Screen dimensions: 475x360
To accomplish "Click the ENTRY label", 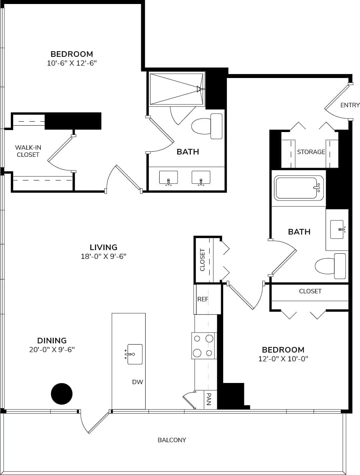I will click(350, 105).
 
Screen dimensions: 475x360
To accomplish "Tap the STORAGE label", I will click(311, 152).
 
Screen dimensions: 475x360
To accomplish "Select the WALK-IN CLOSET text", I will click(28, 151).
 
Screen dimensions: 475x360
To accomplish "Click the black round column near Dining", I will click(62, 394).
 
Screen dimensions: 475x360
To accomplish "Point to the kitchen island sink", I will click(134, 354).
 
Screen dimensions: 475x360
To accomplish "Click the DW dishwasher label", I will click(137, 382).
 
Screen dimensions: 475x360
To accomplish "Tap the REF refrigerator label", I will click(203, 299).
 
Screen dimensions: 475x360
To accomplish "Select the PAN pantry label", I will click(209, 399).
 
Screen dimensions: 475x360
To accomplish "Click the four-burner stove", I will click(203, 346).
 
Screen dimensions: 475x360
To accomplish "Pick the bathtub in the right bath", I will click(298, 188).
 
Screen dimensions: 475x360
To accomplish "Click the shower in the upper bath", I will click(176, 89).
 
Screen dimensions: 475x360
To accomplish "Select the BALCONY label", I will click(172, 440).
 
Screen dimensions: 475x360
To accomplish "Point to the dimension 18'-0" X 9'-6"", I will click(104, 257).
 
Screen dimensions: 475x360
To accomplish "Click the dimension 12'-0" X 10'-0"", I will click(283, 359).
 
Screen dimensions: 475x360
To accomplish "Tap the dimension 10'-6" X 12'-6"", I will click(72, 63).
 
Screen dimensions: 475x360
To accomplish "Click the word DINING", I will click(52, 341).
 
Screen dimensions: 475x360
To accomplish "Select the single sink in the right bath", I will click(337, 229).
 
